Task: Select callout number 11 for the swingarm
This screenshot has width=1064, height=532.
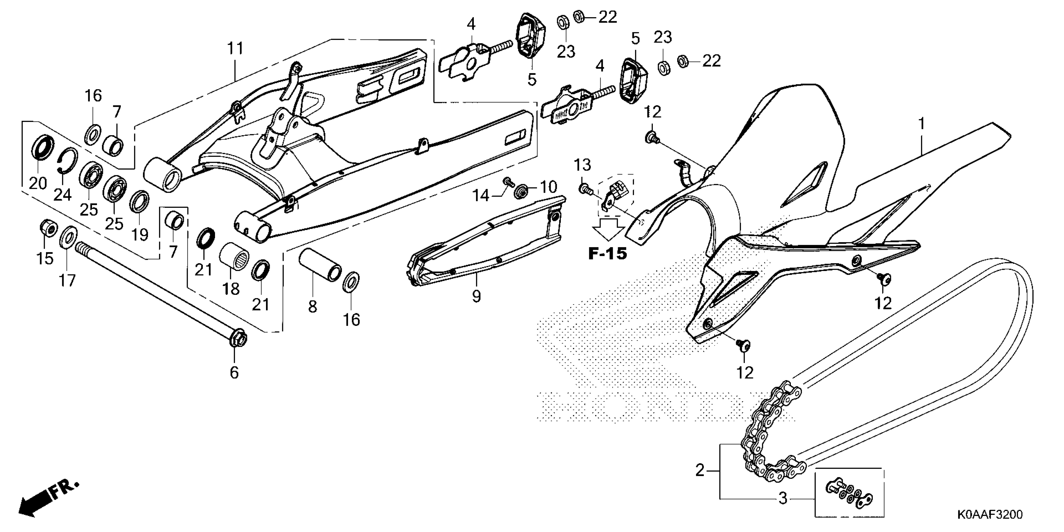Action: tap(235, 49)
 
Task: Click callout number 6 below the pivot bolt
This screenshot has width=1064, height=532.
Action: tap(234, 373)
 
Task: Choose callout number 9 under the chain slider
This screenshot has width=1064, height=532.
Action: tap(476, 296)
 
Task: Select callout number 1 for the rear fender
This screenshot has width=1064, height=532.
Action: tap(921, 124)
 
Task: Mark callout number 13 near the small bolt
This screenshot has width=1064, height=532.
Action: tap(583, 166)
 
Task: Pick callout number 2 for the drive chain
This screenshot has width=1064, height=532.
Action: tap(700, 470)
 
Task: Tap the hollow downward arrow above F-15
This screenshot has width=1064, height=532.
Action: tap(608, 228)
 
